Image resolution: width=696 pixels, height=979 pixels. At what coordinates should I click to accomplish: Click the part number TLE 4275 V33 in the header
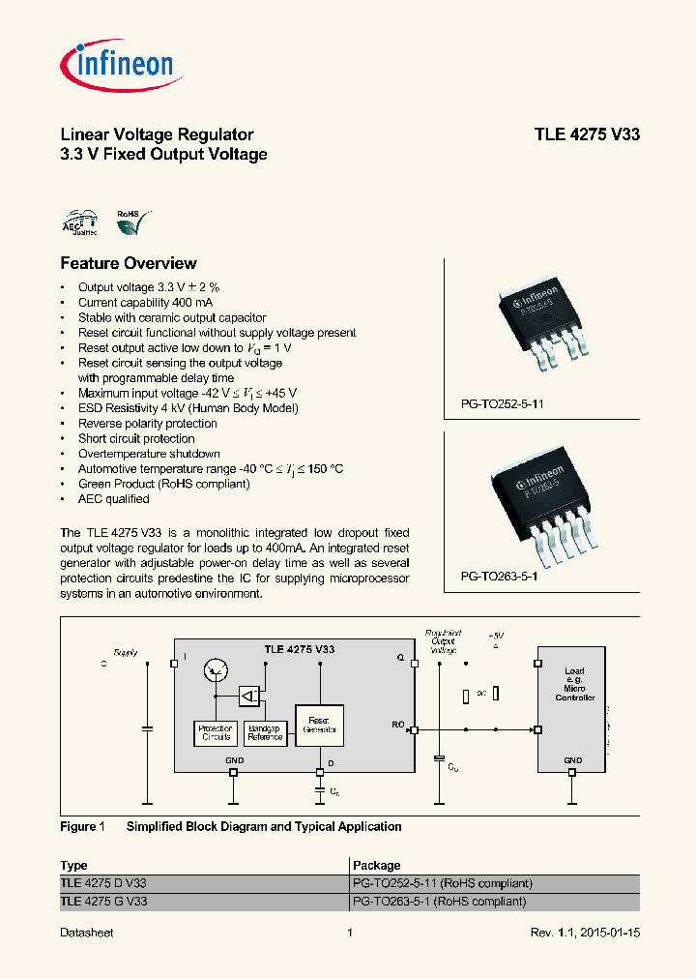[x=587, y=134]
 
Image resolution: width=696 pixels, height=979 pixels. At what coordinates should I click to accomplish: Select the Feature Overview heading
[x=129, y=263]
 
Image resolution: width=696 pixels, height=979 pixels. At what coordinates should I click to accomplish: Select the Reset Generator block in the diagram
[x=318, y=726]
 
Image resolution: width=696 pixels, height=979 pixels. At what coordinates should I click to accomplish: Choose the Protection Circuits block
[x=215, y=732]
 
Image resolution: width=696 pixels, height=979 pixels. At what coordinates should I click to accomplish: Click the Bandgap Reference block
[x=264, y=732]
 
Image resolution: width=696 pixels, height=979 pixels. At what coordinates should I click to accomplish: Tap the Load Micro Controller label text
[x=575, y=684]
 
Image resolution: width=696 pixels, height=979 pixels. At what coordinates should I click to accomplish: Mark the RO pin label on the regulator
[x=398, y=723]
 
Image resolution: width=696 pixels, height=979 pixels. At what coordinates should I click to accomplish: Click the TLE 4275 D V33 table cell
[x=103, y=883]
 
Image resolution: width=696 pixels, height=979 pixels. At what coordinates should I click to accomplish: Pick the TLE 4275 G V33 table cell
[x=103, y=901]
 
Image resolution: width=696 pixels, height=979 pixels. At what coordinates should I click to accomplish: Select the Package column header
[x=377, y=865]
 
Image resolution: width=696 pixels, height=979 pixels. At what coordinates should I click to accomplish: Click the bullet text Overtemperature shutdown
[x=149, y=454]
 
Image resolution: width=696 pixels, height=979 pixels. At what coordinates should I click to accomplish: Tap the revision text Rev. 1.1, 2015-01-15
[x=585, y=933]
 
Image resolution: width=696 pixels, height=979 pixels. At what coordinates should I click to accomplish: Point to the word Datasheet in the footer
[x=87, y=933]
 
